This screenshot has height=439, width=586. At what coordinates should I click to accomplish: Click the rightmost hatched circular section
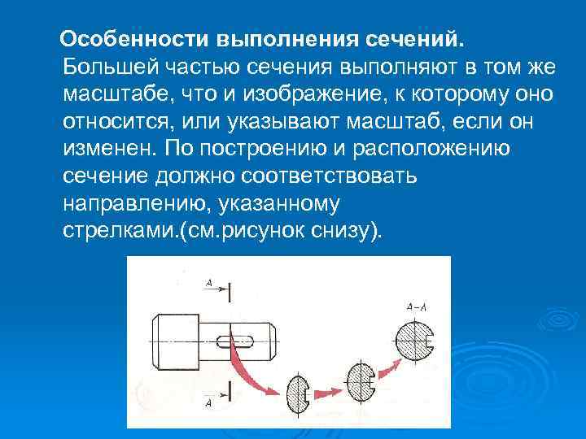coord(415,338)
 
